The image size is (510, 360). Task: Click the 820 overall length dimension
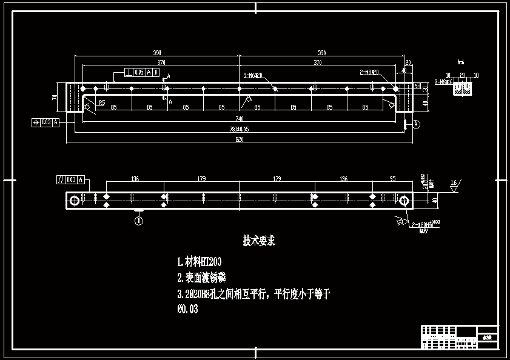239,140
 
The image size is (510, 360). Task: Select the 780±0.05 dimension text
239,129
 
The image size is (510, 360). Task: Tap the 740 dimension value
239,119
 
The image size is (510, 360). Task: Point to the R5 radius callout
101,103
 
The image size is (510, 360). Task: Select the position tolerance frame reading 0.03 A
45,122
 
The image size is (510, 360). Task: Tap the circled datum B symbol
139,221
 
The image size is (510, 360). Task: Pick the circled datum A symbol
416,124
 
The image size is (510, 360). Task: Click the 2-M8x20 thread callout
369,72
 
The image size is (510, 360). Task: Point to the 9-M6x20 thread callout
252,76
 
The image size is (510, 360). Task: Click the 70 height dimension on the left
55,97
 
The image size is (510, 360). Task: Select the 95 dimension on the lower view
392,179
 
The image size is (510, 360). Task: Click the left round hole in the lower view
75,200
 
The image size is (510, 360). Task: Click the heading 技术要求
259,241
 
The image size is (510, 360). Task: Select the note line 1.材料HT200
199,262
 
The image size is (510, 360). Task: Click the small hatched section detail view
463,88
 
